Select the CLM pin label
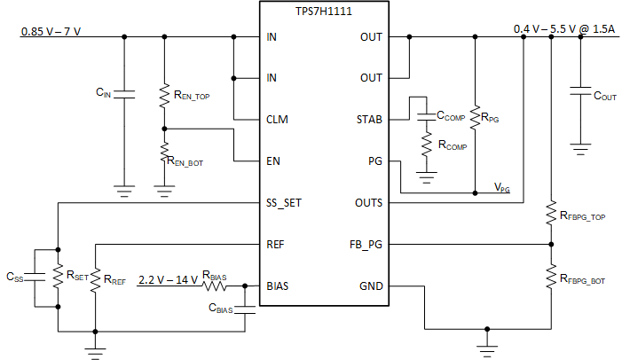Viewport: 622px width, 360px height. pos(277,119)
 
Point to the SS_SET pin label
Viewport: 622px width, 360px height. pos(284,202)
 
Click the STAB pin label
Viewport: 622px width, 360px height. pos(369,119)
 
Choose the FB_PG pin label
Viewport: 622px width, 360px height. pos(367,244)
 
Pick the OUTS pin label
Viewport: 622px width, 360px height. pos(368,202)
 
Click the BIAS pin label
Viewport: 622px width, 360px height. pos(278,286)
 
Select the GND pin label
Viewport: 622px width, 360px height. pos(371,286)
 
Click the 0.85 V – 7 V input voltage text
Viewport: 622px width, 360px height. pos(51,31)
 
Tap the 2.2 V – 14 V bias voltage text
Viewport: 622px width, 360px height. pos(169,280)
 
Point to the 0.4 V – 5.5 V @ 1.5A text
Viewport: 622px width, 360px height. pos(564,28)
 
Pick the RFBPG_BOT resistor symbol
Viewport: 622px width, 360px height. pos(550,275)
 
